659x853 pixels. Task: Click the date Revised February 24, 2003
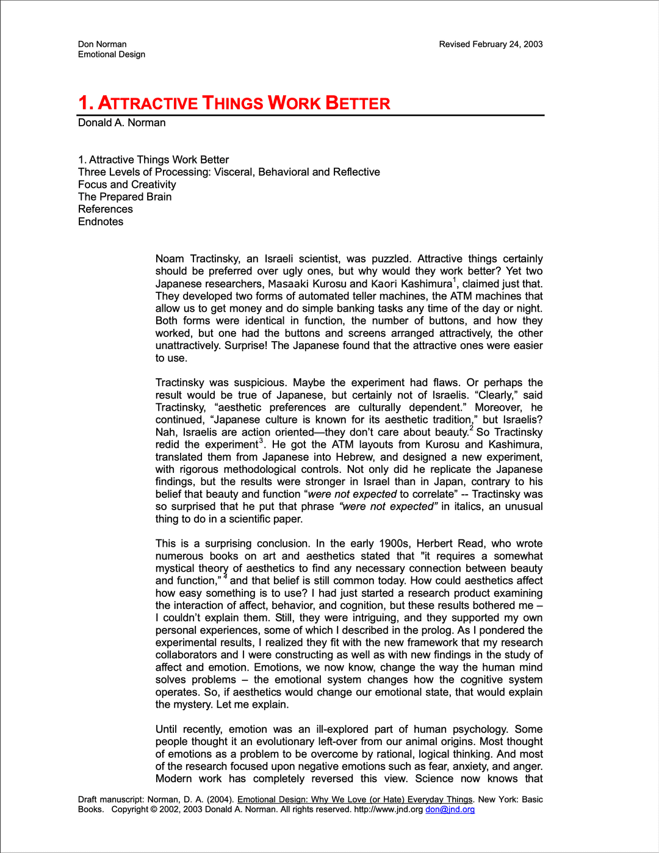coord(491,44)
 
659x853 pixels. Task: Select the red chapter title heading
coord(234,103)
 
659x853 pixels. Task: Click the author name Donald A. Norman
coord(122,123)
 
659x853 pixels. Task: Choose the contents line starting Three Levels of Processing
coord(229,172)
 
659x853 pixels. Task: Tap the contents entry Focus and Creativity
coord(127,184)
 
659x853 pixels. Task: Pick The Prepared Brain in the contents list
coord(124,196)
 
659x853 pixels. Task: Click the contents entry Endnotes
coord(101,221)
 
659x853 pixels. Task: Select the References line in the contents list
coord(106,209)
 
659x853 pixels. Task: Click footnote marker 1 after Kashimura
coord(455,280)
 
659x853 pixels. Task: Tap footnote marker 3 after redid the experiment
coord(261,441)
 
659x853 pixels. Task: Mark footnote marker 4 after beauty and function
coord(225,577)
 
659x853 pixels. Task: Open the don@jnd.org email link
coord(450,810)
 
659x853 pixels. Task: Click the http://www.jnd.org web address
coord(388,810)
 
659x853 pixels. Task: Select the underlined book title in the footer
coord(355,799)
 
